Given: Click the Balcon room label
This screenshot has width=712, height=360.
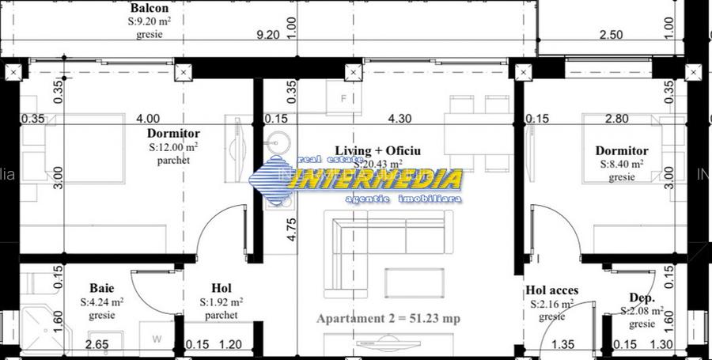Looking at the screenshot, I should [149, 9].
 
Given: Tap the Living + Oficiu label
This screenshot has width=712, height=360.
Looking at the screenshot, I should [377, 150].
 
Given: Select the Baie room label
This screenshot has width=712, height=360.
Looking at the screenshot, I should [101, 288].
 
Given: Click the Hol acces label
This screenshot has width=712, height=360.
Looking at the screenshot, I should [551, 290].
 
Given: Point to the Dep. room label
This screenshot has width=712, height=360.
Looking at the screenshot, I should [641, 297].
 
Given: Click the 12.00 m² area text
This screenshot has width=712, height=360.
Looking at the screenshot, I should [173, 147].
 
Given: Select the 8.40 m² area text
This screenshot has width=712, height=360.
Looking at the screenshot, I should [621, 165].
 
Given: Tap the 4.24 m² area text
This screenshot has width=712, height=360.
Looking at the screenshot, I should [101, 301].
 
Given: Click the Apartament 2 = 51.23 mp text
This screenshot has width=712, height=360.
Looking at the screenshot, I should [388, 319].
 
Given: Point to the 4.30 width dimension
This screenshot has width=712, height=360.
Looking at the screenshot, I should [400, 119].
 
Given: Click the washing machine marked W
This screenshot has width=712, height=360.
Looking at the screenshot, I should [156, 339].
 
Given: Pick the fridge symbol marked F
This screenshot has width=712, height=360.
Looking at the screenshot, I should [343, 100].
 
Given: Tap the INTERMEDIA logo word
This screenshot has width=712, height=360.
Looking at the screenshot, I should [375, 180].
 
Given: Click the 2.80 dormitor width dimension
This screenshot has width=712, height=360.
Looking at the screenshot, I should [616, 119].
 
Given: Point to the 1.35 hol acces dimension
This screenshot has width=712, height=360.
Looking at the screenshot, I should [562, 344].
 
